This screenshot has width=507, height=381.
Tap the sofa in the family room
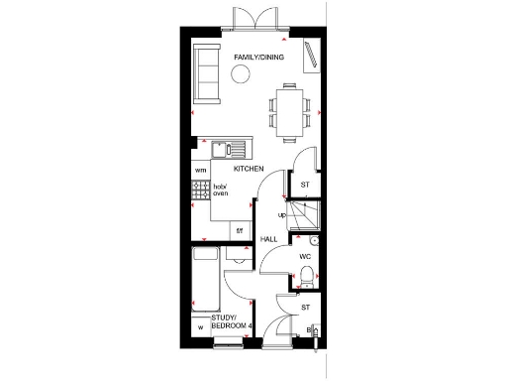tap(207, 72)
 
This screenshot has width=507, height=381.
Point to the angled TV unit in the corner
tap(313, 56)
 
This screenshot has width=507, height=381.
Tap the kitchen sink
tap(234, 150)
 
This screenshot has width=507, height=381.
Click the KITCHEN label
tap(248, 170)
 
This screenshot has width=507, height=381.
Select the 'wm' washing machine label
tap(200, 170)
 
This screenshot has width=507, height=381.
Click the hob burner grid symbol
tap(201, 189)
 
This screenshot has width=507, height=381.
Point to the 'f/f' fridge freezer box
tap(239, 231)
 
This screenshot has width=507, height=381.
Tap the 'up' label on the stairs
tap(282, 214)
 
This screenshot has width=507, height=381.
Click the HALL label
tap(268, 239)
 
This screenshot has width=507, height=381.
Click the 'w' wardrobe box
tap(200, 327)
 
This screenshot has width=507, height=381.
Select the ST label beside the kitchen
tap(305, 184)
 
